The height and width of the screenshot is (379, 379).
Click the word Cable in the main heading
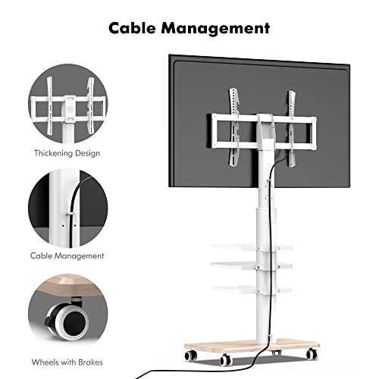[132, 28]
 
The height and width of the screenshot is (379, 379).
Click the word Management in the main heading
[215, 29]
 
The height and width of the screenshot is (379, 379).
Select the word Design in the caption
[86, 153]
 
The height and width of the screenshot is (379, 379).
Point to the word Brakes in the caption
[90, 362]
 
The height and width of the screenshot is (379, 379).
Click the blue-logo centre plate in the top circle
[70, 109]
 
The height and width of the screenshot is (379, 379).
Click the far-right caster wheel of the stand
[312, 353]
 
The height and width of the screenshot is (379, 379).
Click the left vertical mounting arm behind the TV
[234, 127]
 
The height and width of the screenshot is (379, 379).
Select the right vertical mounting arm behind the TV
[292, 129]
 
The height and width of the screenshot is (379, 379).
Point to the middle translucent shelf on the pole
[251, 265]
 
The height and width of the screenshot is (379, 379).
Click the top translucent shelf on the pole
[251, 247]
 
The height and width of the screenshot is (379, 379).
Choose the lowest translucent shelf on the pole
[251, 289]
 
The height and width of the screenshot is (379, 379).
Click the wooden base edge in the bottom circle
[67, 285]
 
